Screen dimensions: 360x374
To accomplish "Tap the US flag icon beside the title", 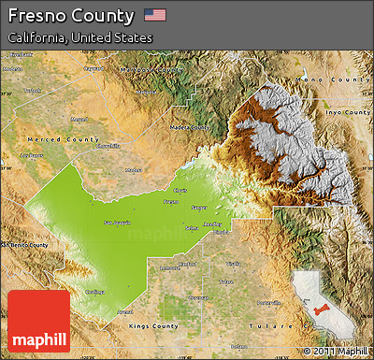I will pos(155,15).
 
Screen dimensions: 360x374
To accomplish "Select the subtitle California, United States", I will pos(79,37).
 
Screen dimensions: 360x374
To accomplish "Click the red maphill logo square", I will pos(37,321).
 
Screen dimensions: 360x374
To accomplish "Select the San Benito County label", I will pos(23,244).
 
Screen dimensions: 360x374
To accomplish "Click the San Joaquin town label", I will pos(117,222).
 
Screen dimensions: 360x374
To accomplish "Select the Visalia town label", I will pos(234,265).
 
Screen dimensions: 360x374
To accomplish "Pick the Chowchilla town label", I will pos(108,146).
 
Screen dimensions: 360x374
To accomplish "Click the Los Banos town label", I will pos(37,155).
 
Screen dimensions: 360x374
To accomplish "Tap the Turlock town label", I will pos(33,92).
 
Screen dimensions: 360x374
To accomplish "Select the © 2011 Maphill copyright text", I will pos(335,352).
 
